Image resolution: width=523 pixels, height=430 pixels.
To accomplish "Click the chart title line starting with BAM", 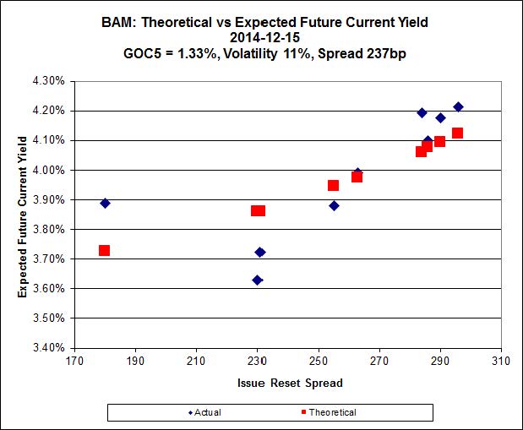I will point(261,22).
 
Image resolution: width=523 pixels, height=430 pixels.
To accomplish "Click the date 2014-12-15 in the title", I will point(261,37).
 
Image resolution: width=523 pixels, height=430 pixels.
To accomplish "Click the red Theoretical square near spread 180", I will point(104,250).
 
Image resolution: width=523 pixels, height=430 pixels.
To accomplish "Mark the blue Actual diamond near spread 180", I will point(105,203).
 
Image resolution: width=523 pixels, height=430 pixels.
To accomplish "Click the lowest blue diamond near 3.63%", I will point(257,280).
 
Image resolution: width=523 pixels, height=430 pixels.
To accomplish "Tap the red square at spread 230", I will point(258,210).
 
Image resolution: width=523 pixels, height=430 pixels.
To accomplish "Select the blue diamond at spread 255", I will point(334,205).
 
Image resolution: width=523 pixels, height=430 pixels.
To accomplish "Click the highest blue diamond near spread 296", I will point(458,106).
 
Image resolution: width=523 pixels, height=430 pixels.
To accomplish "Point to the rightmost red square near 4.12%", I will point(457,133).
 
